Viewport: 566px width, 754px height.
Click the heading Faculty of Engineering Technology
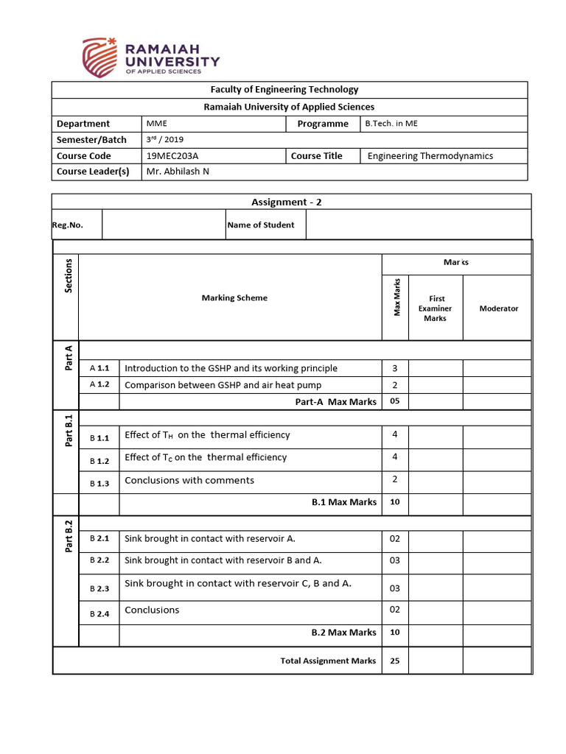click(x=284, y=89)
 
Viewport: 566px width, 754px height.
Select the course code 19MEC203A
click(x=170, y=156)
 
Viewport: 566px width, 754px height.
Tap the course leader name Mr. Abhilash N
click(x=178, y=172)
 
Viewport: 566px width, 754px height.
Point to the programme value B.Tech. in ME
click(x=391, y=124)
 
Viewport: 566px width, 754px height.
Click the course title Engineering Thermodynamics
click(x=430, y=156)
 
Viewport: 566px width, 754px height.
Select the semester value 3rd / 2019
click(x=163, y=139)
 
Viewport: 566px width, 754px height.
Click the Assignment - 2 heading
click(x=286, y=202)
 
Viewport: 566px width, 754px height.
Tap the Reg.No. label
click(x=68, y=225)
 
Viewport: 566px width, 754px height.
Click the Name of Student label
click(x=261, y=225)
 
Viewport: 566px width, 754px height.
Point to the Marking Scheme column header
click(x=234, y=298)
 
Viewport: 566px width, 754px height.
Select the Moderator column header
click(x=498, y=309)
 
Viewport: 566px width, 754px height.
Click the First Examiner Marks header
click(x=435, y=309)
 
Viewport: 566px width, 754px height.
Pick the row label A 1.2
click(x=99, y=384)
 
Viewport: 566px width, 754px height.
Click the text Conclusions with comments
click(x=189, y=480)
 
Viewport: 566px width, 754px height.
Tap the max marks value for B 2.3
click(x=394, y=588)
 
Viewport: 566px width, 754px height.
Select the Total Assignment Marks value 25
click(x=394, y=660)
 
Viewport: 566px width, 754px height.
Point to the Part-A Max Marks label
click(x=335, y=402)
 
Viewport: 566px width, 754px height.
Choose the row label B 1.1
click(x=99, y=438)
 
